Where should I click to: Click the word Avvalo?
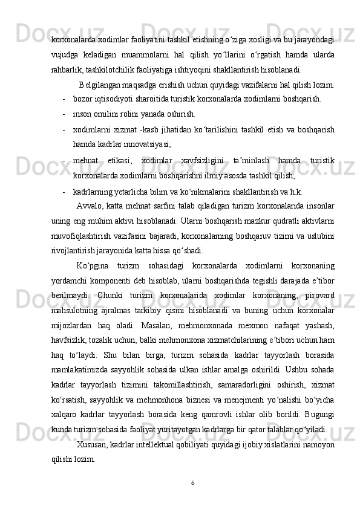click(90, 207)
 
